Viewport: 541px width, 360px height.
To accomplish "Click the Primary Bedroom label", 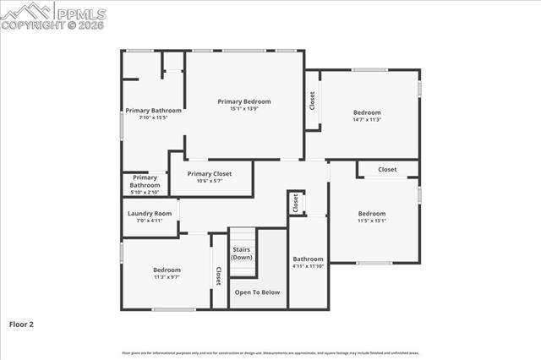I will [x=244, y=101].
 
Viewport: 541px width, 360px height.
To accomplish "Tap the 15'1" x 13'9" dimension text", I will [x=244, y=108].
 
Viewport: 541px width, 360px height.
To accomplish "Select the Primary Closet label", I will [x=209, y=173].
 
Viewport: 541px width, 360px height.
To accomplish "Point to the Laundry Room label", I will [x=150, y=214].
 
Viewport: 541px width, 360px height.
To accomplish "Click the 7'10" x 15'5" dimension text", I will [x=154, y=117].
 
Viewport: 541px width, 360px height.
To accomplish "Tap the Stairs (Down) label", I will [x=243, y=253].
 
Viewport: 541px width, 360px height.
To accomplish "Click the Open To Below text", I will [x=257, y=292].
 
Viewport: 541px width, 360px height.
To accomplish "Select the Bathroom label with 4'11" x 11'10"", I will [x=308, y=259].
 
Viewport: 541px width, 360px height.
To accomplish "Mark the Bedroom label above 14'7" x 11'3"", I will [x=367, y=112].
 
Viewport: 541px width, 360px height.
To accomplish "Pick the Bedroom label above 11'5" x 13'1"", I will [x=372, y=214].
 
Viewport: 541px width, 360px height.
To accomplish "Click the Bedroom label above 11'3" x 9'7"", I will [x=167, y=270].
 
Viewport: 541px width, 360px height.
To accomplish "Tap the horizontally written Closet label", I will [x=387, y=170].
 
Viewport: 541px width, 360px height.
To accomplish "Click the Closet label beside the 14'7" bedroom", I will [x=312, y=101].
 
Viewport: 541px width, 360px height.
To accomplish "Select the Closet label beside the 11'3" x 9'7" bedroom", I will [x=218, y=276].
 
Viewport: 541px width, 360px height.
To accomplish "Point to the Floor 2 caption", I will [x=21, y=324].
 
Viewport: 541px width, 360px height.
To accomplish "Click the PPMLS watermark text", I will [x=80, y=11].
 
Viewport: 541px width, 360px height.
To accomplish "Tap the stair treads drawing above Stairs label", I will [x=243, y=237].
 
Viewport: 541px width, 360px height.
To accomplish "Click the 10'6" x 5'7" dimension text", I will [x=209, y=180].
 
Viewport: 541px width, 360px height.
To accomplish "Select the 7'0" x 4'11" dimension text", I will [x=150, y=221].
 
